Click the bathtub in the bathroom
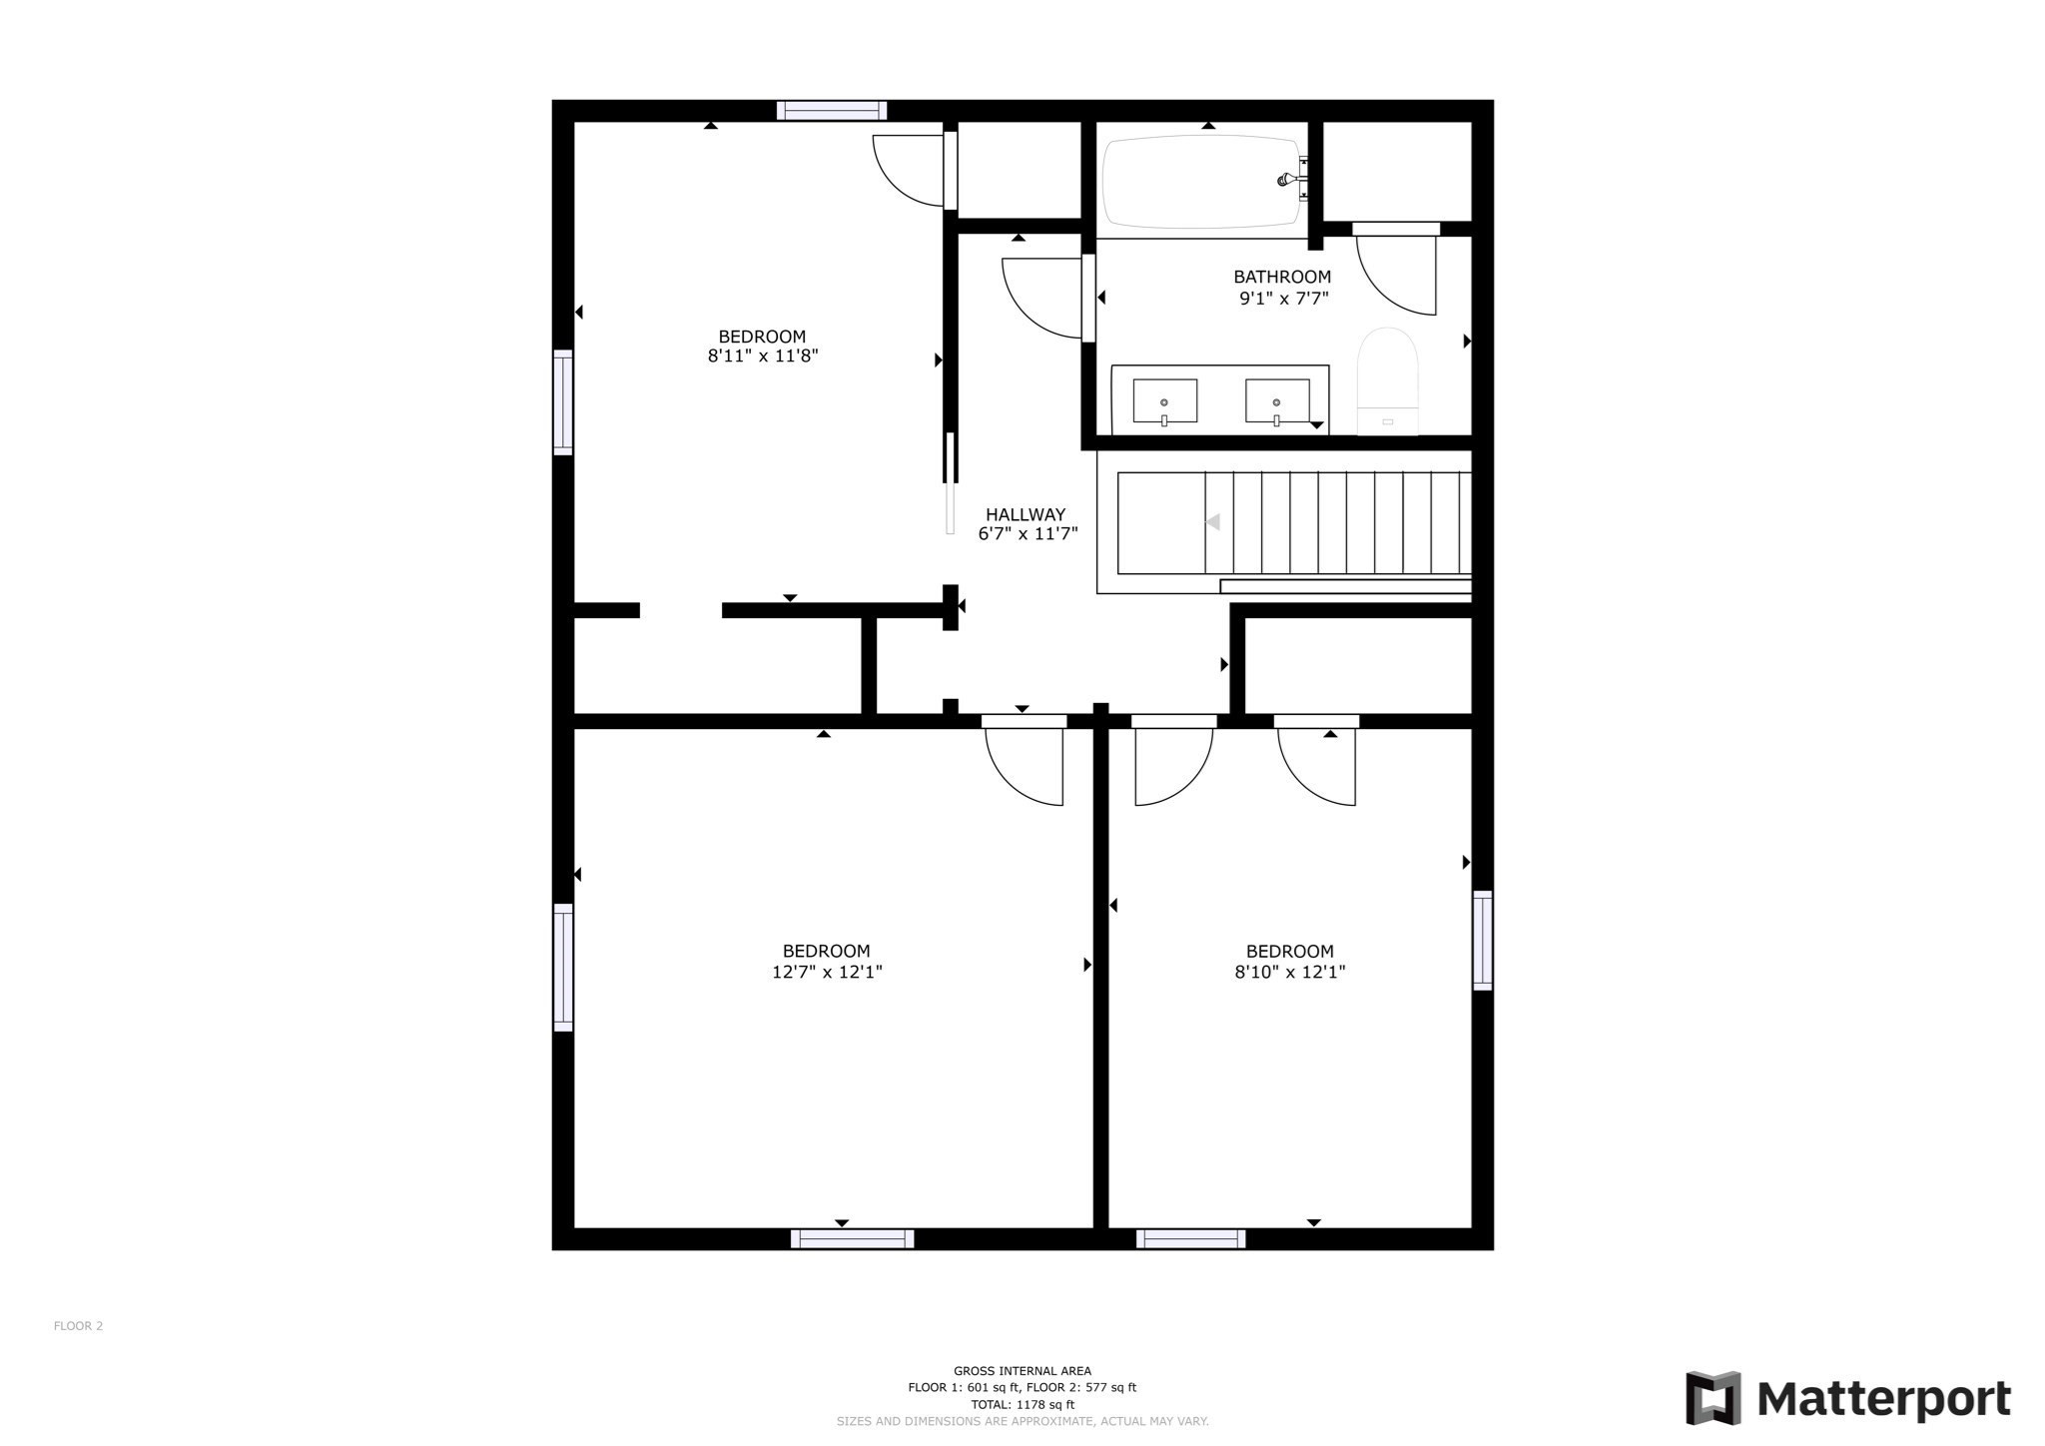click(1202, 182)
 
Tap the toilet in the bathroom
click(1387, 381)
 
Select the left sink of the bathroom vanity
click(1164, 401)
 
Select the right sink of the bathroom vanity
click(1277, 401)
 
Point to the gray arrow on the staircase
click(1212, 521)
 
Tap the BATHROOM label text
click(1282, 277)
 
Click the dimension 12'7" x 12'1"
click(827, 972)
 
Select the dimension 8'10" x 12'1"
click(1290, 972)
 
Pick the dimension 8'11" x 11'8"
click(763, 356)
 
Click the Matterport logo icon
click(1713, 1398)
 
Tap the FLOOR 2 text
click(79, 1326)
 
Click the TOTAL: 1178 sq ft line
click(1022, 1404)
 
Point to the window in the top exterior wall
click(832, 110)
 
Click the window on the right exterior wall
click(1483, 940)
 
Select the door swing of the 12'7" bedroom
click(1024, 767)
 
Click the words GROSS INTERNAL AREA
click(1022, 1371)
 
